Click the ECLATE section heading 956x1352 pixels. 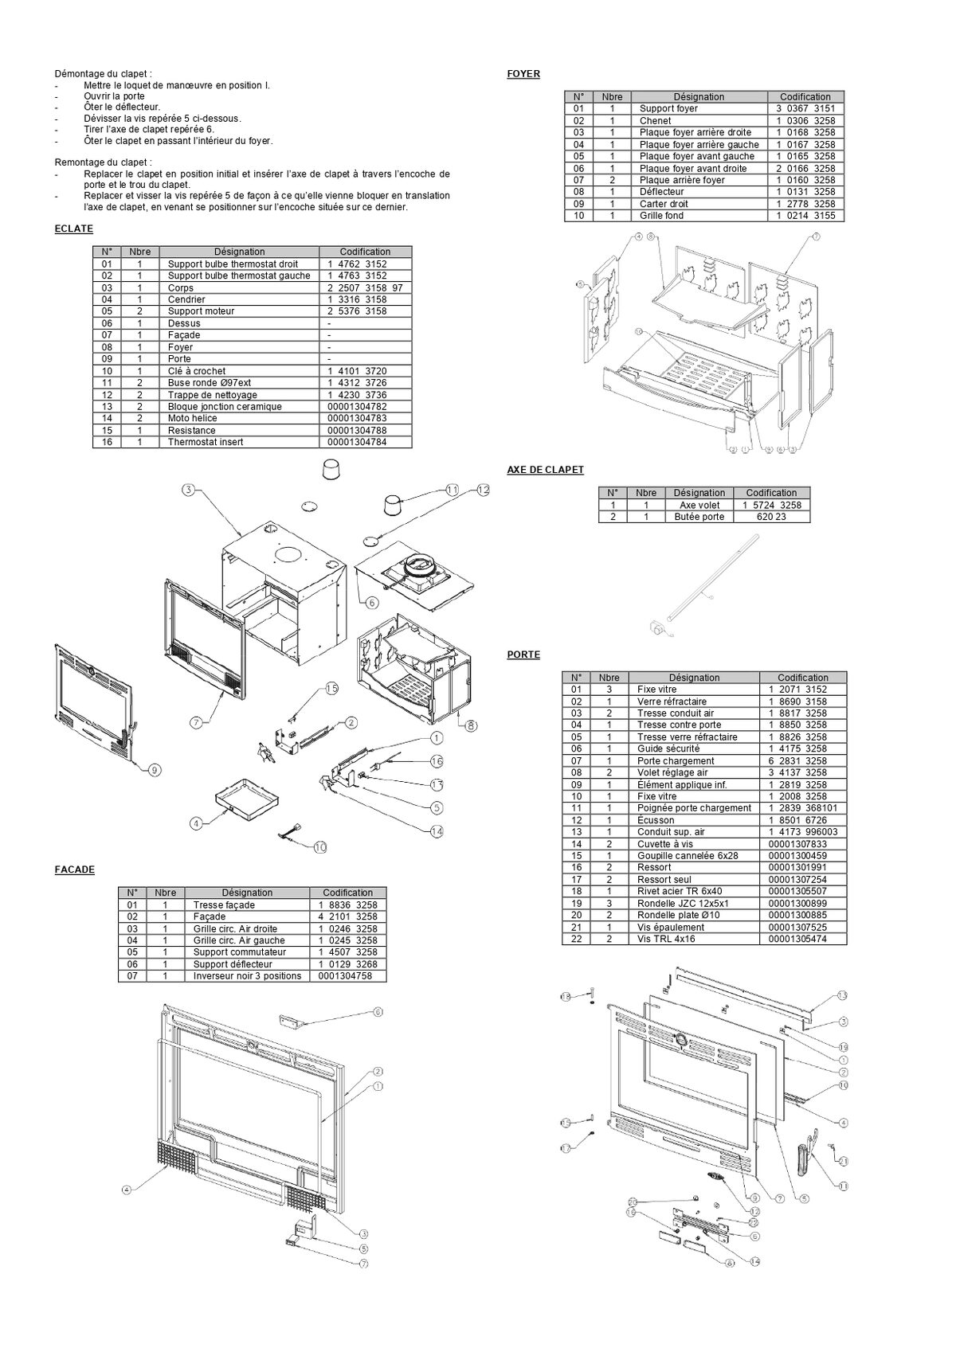(73, 229)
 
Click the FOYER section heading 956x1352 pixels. (523, 74)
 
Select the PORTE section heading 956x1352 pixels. (523, 655)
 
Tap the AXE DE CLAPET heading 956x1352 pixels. (545, 470)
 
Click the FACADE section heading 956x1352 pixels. (74, 869)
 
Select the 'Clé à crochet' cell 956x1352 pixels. (197, 371)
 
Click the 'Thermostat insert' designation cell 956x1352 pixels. (206, 442)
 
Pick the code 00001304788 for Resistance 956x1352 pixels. (357, 430)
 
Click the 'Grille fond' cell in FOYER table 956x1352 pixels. (661, 216)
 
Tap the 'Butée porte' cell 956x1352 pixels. (699, 517)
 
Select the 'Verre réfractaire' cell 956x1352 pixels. (672, 701)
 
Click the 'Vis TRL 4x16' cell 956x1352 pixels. (666, 939)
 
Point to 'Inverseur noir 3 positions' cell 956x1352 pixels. (247, 976)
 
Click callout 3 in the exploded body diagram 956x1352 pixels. (188, 490)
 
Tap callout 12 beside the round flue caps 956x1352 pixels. (483, 490)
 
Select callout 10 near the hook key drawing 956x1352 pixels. (319, 847)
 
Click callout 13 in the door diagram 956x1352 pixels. (843, 996)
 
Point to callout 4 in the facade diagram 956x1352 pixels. (126, 1190)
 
